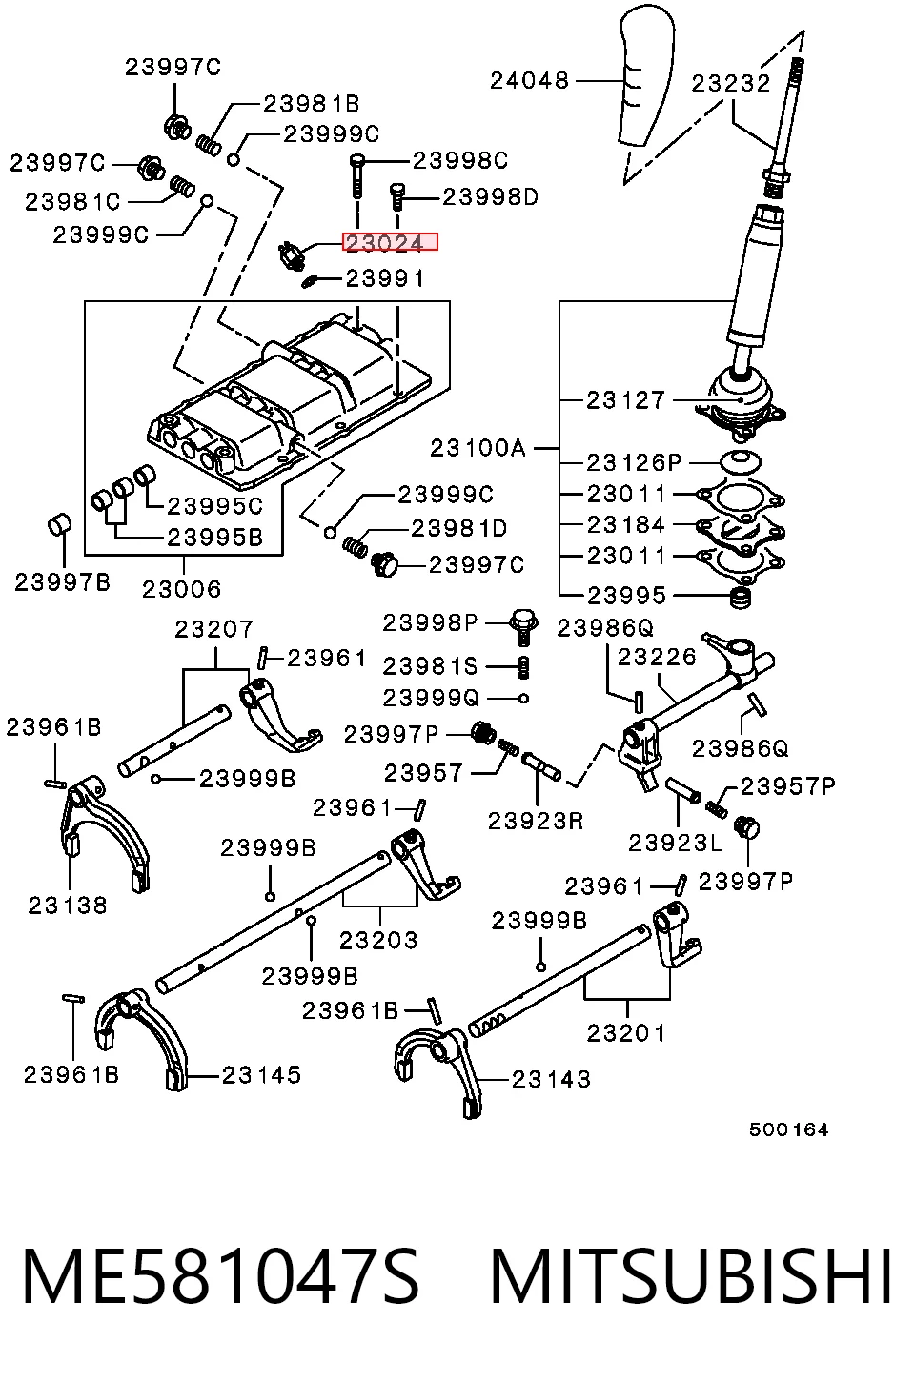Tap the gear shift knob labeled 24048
645,78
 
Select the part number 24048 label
530,80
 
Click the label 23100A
478,448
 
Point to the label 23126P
634,462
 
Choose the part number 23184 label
626,524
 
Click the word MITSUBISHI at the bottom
691,1277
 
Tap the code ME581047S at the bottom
221,1277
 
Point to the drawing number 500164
788,1130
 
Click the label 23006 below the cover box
182,589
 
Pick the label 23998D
491,197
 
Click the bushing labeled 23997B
59,525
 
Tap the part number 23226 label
657,657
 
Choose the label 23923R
536,821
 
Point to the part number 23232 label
731,84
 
